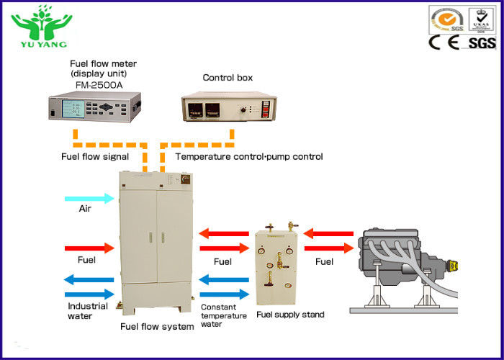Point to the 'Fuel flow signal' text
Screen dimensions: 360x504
pyautogui.click(x=94, y=156)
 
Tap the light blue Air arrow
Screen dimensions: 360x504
pyautogui.click(x=89, y=198)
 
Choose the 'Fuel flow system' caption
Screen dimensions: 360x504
pyautogui.click(x=157, y=327)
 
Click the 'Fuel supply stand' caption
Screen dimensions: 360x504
pyautogui.click(x=290, y=315)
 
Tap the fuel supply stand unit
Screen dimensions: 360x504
pyautogui.click(x=277, y=266)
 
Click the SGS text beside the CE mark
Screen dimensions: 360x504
pyautogui.click(x=482, y=43)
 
